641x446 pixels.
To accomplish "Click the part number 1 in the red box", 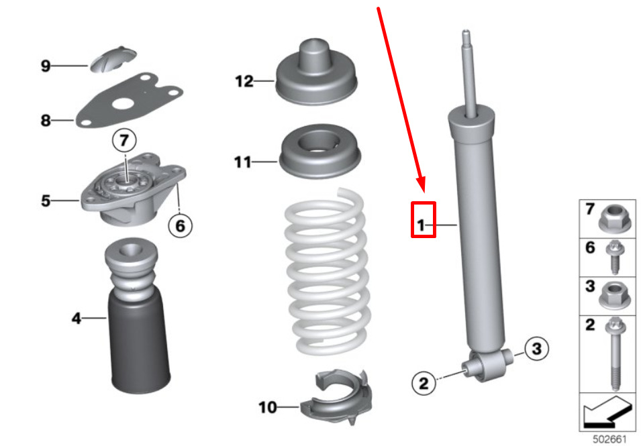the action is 421,225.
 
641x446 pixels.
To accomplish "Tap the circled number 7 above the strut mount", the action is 124,140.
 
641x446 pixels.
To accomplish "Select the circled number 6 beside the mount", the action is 181,225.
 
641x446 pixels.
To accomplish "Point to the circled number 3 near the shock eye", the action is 536,348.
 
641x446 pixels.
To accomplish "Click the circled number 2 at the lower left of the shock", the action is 424,383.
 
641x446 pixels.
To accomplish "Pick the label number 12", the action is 244,81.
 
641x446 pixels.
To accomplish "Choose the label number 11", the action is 242,162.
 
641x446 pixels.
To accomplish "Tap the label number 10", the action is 268,407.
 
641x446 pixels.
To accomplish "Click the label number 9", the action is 46,66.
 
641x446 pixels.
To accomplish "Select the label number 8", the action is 46,121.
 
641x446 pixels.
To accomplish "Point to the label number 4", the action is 77,318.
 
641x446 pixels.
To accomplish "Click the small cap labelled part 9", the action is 113,59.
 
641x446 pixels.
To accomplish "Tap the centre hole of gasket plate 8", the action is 122,105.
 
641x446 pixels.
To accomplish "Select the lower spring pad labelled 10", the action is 336,396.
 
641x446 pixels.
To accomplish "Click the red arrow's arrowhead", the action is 422,184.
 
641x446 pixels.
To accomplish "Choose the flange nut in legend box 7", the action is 615,219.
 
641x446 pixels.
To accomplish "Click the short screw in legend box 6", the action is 614,258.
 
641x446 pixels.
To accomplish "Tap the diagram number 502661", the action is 609,439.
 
